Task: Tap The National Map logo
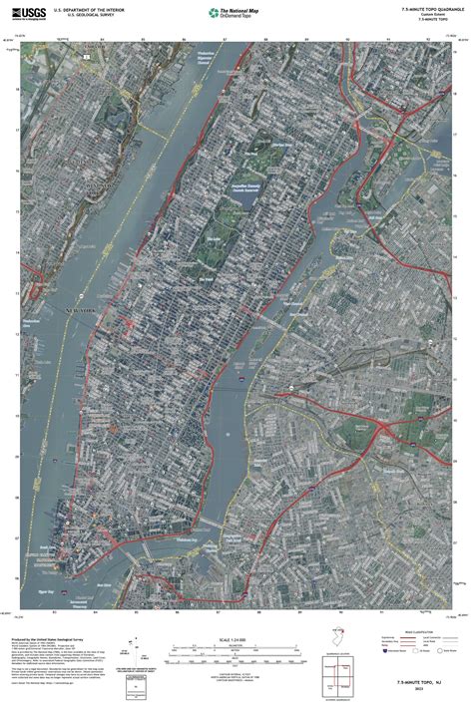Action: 236,13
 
